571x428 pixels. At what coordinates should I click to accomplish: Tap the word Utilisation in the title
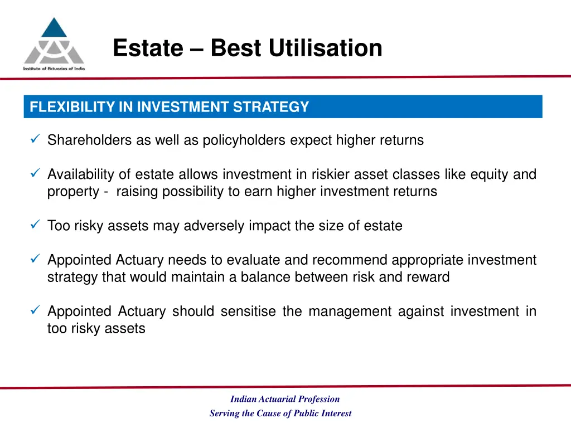(x=325, y=48)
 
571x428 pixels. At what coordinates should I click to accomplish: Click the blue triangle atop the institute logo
(x=54, y=28)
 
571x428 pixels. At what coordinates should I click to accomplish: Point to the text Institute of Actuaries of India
(x=54, y=69)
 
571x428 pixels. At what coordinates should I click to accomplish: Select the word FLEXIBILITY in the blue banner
(x=72, y=107)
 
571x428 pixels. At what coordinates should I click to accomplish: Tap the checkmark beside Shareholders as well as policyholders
(x=35, y=140)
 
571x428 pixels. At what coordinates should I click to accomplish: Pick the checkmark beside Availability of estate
(x=35, y=174)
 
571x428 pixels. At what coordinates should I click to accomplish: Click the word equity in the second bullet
(x=490, y=175)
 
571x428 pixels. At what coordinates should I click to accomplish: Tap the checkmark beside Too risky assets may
(x=35, y=226)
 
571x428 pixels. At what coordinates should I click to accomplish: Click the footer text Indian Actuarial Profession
(x=285, y=399)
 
